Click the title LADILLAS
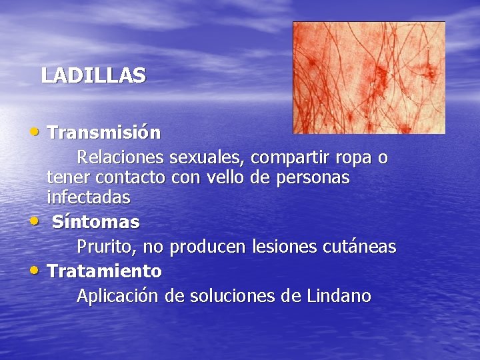coord(93,75)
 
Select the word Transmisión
coord(104,133)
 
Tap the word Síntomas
coord(96,221)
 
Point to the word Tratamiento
coord(105,271)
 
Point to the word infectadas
coord(89,197)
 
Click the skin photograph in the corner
coord(369,77)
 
